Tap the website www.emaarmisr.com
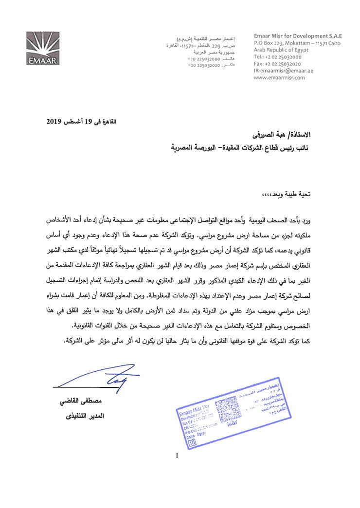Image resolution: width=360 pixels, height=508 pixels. (x=279, y=77)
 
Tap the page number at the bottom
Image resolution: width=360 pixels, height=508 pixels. (x=177, y=455)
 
